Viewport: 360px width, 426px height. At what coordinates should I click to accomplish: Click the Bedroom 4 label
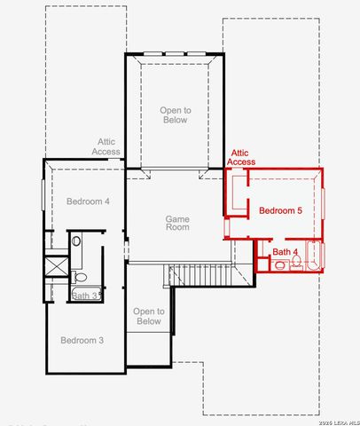pos(88,201)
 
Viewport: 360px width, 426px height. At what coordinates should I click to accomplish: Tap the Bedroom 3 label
pos(82,341)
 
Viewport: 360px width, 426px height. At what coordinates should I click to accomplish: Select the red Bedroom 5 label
pos(280,211)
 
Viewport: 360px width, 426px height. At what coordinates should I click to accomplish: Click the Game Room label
pos(177,222)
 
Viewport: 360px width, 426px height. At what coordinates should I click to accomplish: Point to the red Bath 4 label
pos(284,253)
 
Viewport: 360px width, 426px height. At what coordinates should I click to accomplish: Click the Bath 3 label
pos(83,296)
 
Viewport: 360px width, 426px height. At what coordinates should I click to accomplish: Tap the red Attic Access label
pos(241,157)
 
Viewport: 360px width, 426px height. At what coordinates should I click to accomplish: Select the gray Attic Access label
pos(106,146)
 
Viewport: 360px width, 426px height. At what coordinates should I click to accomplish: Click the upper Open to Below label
pos(174,114)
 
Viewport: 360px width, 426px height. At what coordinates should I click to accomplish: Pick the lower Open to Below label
pos(148,316)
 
